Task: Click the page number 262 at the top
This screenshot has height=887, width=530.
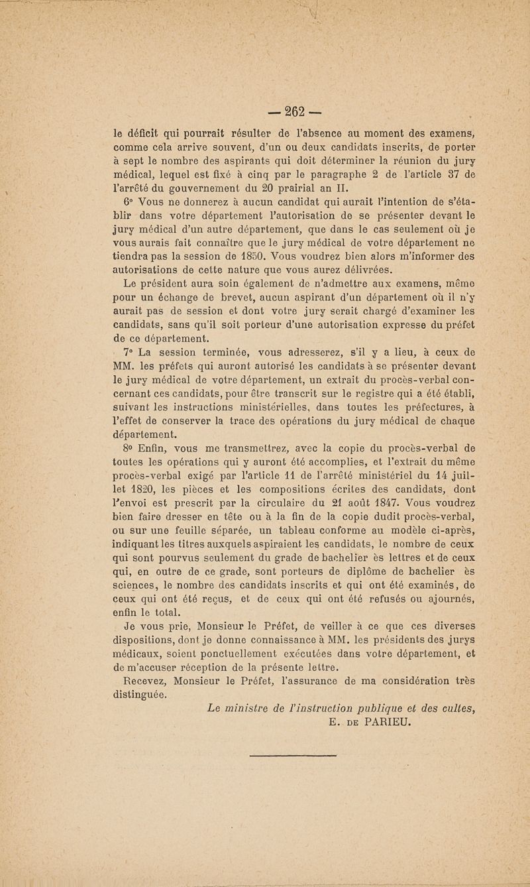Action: pyautogui.click(x=266, y=110)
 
